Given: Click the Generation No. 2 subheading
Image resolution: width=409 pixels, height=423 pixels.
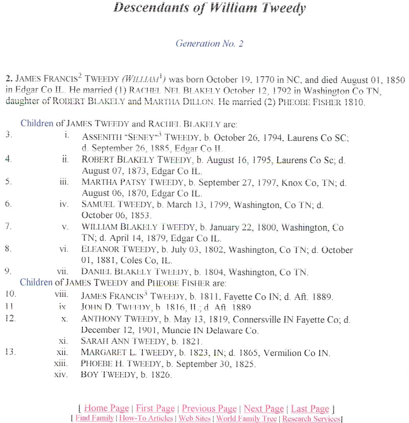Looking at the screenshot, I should (209, 43).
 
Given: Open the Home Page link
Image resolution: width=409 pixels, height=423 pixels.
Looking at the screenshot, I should (106, 409).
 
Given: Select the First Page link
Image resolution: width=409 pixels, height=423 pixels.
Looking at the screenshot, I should (155, 409).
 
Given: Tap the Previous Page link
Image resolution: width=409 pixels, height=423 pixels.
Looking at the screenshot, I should (209, 409).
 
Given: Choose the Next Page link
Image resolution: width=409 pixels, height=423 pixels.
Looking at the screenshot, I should (263, 409).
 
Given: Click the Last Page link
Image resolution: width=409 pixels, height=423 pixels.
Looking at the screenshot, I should (310, 409).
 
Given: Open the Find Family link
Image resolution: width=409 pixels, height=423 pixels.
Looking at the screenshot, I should (95, 418).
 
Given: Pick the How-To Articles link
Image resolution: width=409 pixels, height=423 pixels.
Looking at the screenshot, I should (146, 418).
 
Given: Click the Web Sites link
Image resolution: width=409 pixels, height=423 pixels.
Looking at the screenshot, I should (194, 418).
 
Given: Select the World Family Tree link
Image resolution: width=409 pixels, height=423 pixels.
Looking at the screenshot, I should (247, 418).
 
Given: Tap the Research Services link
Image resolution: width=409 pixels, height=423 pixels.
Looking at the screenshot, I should (311, 418).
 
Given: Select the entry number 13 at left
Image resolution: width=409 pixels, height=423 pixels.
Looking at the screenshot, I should (11, 352).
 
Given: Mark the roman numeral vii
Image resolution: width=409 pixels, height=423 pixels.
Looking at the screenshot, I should (63, 272).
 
